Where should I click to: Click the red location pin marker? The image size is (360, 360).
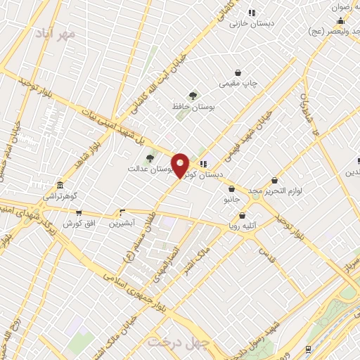coord(180,165)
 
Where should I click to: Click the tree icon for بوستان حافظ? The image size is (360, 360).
coord(193,95)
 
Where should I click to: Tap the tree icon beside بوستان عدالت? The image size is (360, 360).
coord(150,158)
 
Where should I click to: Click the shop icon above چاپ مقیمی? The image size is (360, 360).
coord(239,72)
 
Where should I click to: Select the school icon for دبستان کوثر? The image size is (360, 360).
coord(204,164)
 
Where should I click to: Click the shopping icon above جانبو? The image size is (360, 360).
coord(231,188)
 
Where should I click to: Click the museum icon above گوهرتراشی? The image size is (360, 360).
coord(60,186)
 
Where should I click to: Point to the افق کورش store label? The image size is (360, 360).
coord(78,223)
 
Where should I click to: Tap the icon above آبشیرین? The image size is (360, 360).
coord(122,212)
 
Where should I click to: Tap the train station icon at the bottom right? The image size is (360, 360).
coord(309,349)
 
